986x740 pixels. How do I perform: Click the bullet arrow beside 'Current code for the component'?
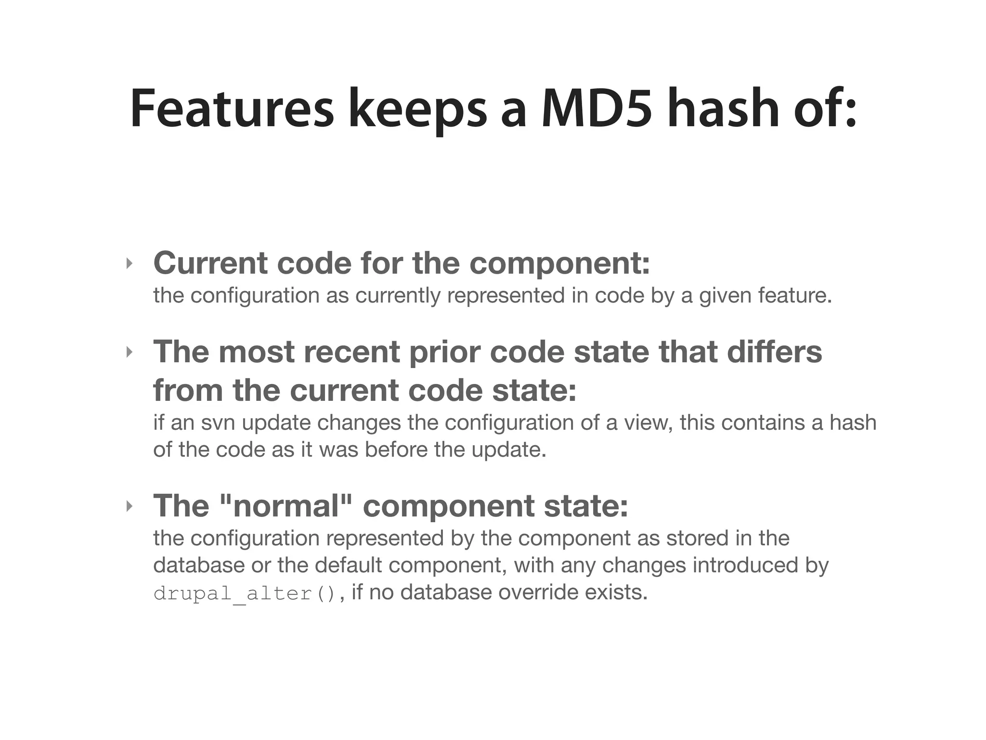[x=129, y=264]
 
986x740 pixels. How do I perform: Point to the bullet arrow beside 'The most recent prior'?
[x=129, y=352]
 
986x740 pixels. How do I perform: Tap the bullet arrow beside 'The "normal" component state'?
[x=129, y=506]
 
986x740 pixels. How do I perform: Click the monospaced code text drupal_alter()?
[x=244, y=593]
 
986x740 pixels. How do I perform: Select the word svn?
[x=218, y=423]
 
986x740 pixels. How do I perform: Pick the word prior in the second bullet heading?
[x=444, y=352]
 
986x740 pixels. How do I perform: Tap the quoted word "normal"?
[x=285, y=506]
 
